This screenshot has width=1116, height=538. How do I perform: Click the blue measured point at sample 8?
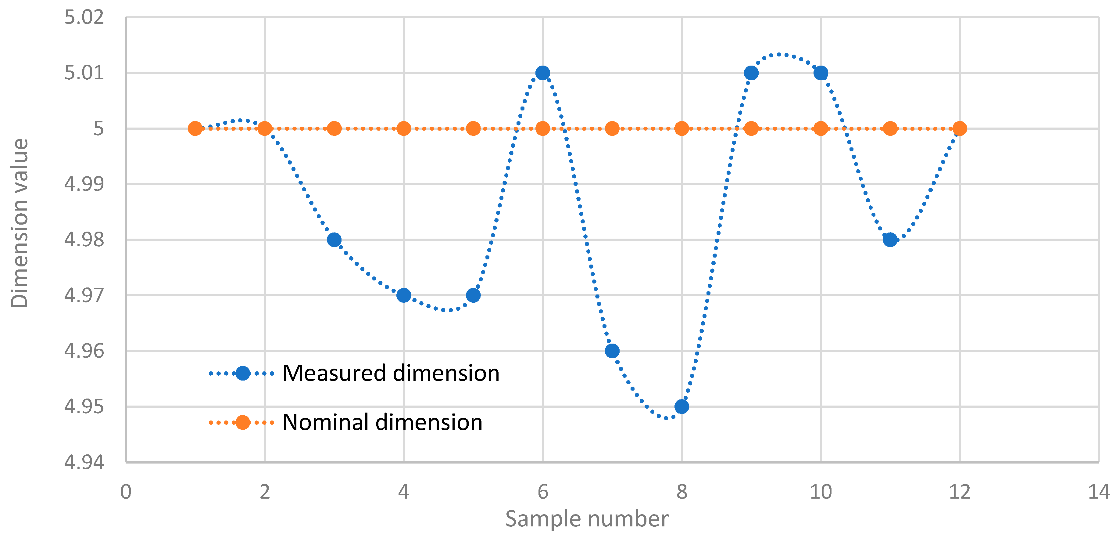tap(681, 407)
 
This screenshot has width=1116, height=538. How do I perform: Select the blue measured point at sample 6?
tap(542, 73)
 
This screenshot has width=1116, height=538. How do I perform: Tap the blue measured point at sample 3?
tap(334, 240)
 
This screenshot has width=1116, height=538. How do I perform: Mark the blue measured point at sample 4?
tap(404, 295)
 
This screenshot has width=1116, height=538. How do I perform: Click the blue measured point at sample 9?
tap(751, 73)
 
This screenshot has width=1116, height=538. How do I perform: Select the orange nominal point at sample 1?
tap(195, 128)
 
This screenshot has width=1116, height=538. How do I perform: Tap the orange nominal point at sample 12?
tap(960, 128)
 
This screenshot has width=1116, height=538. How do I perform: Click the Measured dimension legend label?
tap(391, 373)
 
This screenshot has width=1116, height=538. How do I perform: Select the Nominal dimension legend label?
tap(382, 422)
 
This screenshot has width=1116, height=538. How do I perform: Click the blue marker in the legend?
tap(243, 373)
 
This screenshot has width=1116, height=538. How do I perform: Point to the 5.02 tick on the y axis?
tap(84, 18)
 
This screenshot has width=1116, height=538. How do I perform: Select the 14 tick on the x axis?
tap(1098, 492)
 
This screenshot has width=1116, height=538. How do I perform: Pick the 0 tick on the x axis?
tap(126, 492)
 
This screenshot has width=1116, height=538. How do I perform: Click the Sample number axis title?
tap(587, 519)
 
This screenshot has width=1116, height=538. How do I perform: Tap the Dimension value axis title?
tap(20, 223)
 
